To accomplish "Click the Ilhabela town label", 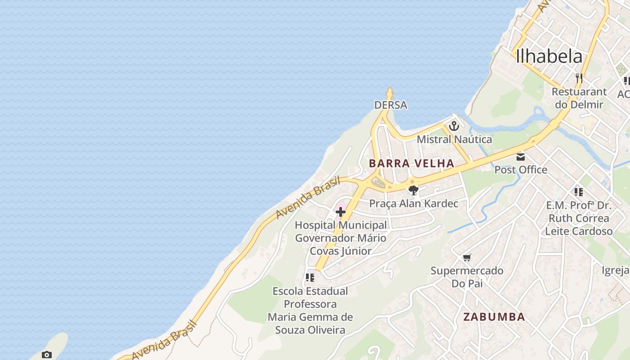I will (549, 56).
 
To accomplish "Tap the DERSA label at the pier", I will (391, 105).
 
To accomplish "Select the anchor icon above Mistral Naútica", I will (454, 126).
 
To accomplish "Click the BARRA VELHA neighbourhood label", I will (412, 163).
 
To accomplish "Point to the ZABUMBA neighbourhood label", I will (494, 317).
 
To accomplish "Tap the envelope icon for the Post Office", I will (521, 157).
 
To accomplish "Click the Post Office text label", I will (521, 170).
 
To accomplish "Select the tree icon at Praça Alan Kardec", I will (414, 190).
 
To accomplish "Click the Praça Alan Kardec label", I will (414, 203).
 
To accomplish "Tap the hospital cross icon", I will (341, 211).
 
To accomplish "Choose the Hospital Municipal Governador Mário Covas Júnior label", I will (341, 238).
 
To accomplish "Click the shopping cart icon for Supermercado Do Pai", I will (467, 258).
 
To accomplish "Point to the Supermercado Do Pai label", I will (467, 277).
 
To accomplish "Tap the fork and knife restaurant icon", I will (579, 78).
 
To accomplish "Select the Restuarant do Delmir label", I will (579, 98).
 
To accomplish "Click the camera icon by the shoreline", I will (46, 355).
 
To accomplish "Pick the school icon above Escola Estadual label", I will (310, 278).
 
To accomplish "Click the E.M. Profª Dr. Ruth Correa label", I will (579, 218).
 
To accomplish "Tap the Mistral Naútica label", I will (454, 139).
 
